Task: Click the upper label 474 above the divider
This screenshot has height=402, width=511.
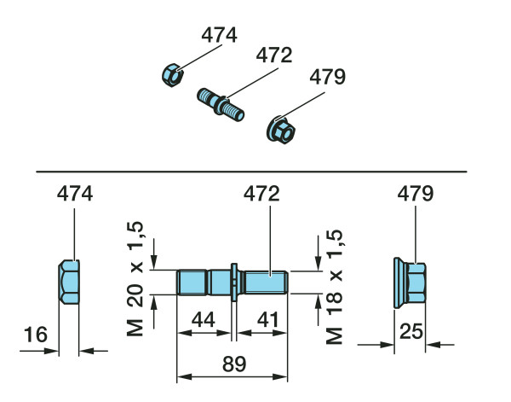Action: click(x=219, y=35)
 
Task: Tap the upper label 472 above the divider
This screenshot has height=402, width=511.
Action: click(x=273, y=56)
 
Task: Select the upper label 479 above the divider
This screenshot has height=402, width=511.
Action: click(x=327, y=79)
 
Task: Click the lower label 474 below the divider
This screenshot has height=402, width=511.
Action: click(x=75, y=195)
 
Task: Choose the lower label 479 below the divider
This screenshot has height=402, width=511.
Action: click(x=416, y=195)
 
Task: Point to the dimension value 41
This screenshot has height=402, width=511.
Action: click(x=267, y=320)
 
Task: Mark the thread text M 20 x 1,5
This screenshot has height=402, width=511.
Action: click(x=136, y=277)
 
